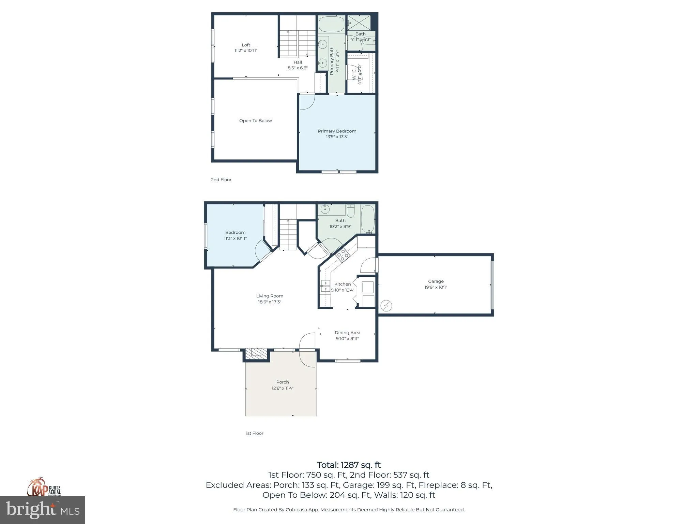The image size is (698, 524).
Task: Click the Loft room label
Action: (x=246, y=45)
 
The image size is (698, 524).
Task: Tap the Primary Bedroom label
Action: (x=337, y=131)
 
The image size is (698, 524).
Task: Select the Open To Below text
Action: (x=256, y=120)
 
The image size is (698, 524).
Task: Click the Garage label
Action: (x=436, y=281)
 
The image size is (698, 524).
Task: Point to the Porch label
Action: (x=283, y=382)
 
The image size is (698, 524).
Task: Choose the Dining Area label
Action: (x=347, y=333)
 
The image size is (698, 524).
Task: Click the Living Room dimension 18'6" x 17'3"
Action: (x=270, y=302)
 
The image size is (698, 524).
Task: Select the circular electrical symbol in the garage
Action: (x=386, y=306)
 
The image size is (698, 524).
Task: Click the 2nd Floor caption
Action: (x=221, y=179)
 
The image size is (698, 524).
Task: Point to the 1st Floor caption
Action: (x=255, y=433)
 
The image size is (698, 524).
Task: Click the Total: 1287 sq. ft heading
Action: (x=349, y=465)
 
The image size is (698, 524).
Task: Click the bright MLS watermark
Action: (x=43, y=510)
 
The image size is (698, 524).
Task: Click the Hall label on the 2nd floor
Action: (x=298, y=62)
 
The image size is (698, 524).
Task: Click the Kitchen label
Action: (x=343, y=284)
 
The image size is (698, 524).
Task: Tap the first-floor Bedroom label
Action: (x=235, y=232)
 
